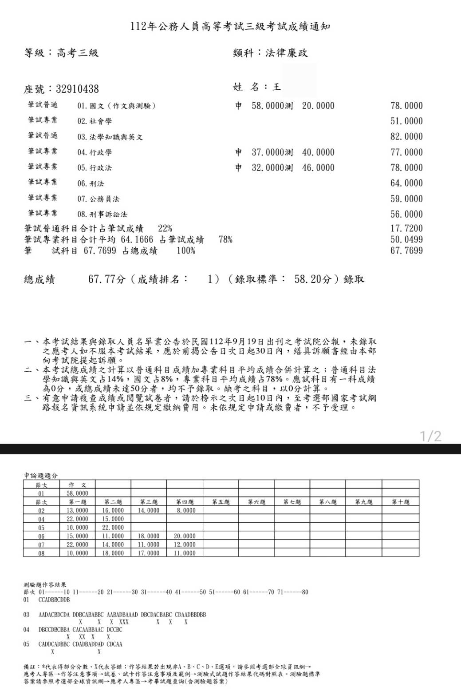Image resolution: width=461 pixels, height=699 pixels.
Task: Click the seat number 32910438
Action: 77,89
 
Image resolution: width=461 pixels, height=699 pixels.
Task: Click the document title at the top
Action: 230,27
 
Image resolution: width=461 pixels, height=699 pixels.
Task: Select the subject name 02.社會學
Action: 95,121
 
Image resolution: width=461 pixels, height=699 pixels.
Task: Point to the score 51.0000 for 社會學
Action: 406,121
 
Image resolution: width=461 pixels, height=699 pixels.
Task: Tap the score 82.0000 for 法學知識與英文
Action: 406,137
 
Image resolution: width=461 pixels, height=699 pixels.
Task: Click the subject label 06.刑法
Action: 91,183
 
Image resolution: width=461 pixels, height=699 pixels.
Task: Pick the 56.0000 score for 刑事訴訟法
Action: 406,214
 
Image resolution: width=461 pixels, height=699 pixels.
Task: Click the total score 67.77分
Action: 107,279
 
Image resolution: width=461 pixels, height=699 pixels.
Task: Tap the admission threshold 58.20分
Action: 313,279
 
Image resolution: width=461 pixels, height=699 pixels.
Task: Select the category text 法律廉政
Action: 287,53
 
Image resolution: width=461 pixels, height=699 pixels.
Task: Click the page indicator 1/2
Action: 431,436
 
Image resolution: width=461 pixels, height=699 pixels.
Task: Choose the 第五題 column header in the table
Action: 221,502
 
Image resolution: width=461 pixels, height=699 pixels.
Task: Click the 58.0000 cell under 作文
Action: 77,493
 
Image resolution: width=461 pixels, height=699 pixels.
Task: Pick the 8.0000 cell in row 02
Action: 185,510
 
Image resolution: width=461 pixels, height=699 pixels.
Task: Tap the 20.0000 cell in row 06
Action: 185,536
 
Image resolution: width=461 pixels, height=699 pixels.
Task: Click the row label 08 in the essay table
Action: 41,553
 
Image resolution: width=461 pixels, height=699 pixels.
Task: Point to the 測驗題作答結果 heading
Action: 45,585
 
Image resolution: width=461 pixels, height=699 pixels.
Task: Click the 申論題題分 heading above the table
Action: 40,476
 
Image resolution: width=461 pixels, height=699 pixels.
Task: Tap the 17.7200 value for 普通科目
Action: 406,229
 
